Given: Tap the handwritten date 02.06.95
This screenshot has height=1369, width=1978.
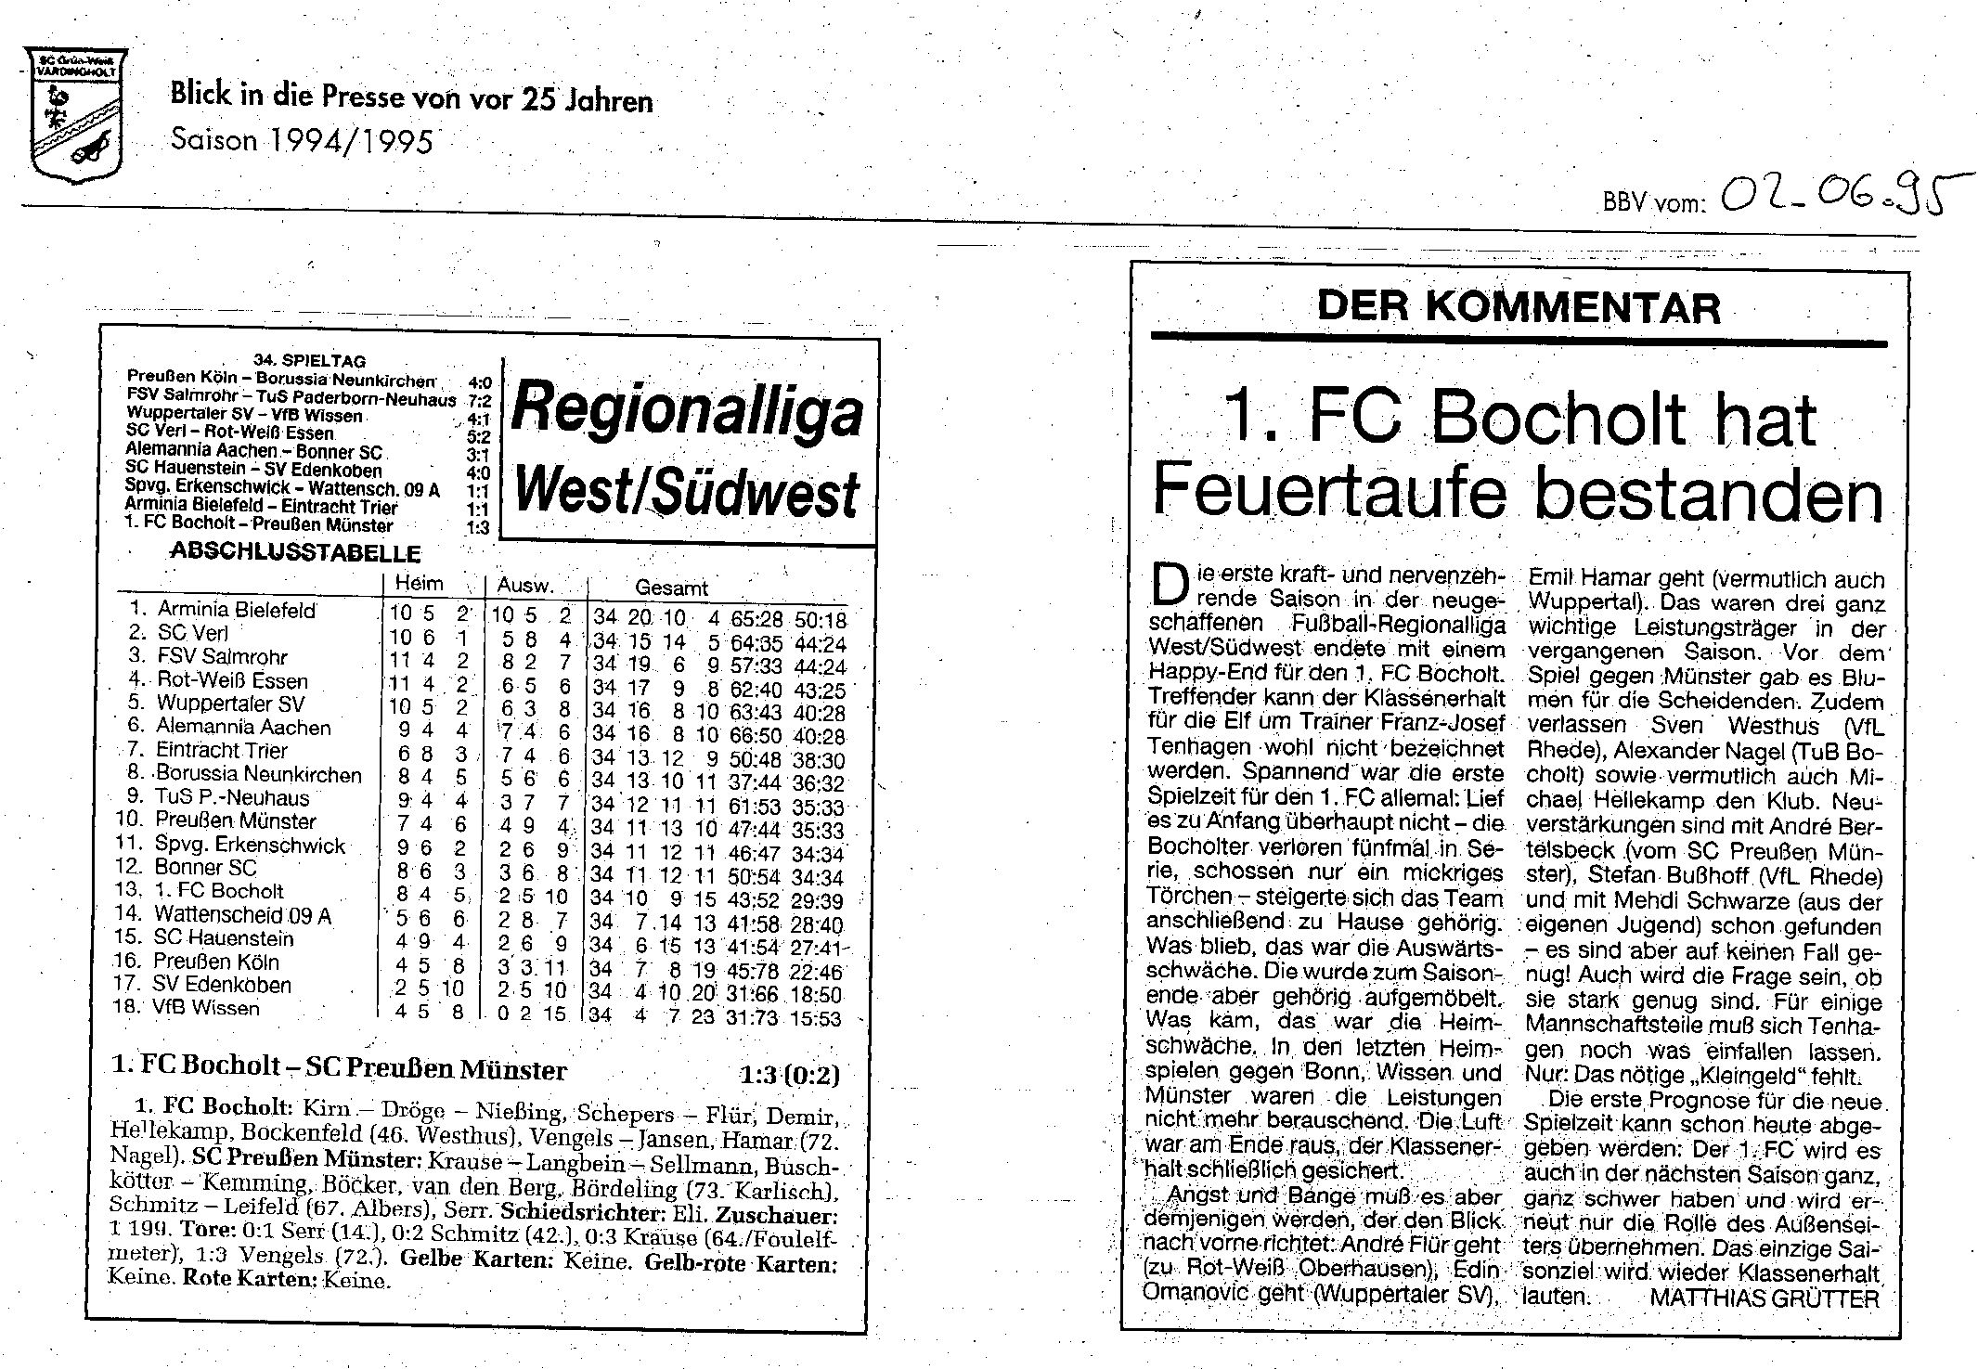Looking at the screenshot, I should [x=1837, y=197].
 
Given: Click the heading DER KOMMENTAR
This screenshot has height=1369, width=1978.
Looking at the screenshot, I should [x=1519, y=307].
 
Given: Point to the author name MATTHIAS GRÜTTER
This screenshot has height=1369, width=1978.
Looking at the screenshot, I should [x=1764, y=1298].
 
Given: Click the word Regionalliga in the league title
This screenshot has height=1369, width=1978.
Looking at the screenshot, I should [x=687, y=410].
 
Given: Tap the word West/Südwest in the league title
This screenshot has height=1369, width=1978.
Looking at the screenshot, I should [x=687, y=492].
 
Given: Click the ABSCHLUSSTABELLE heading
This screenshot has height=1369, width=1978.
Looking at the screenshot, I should [x=295, y=553].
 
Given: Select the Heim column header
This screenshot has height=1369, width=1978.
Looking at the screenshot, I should [x=419, y=584].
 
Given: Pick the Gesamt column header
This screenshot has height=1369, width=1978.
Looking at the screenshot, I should [x=671, y=588].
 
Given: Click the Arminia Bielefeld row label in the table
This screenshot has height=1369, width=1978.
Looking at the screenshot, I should [x=236, y=610].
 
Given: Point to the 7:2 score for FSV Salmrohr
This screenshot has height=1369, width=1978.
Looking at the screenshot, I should [x=480, y=400].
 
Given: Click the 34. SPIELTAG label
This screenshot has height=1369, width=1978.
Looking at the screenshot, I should [x=309, y=360].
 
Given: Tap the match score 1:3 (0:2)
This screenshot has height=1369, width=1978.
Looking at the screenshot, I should [x=790, y=1075].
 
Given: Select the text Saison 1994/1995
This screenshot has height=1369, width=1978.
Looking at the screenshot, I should [x=302, y=140].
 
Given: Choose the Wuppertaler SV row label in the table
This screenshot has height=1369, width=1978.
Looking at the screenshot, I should [x=229, y=704].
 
